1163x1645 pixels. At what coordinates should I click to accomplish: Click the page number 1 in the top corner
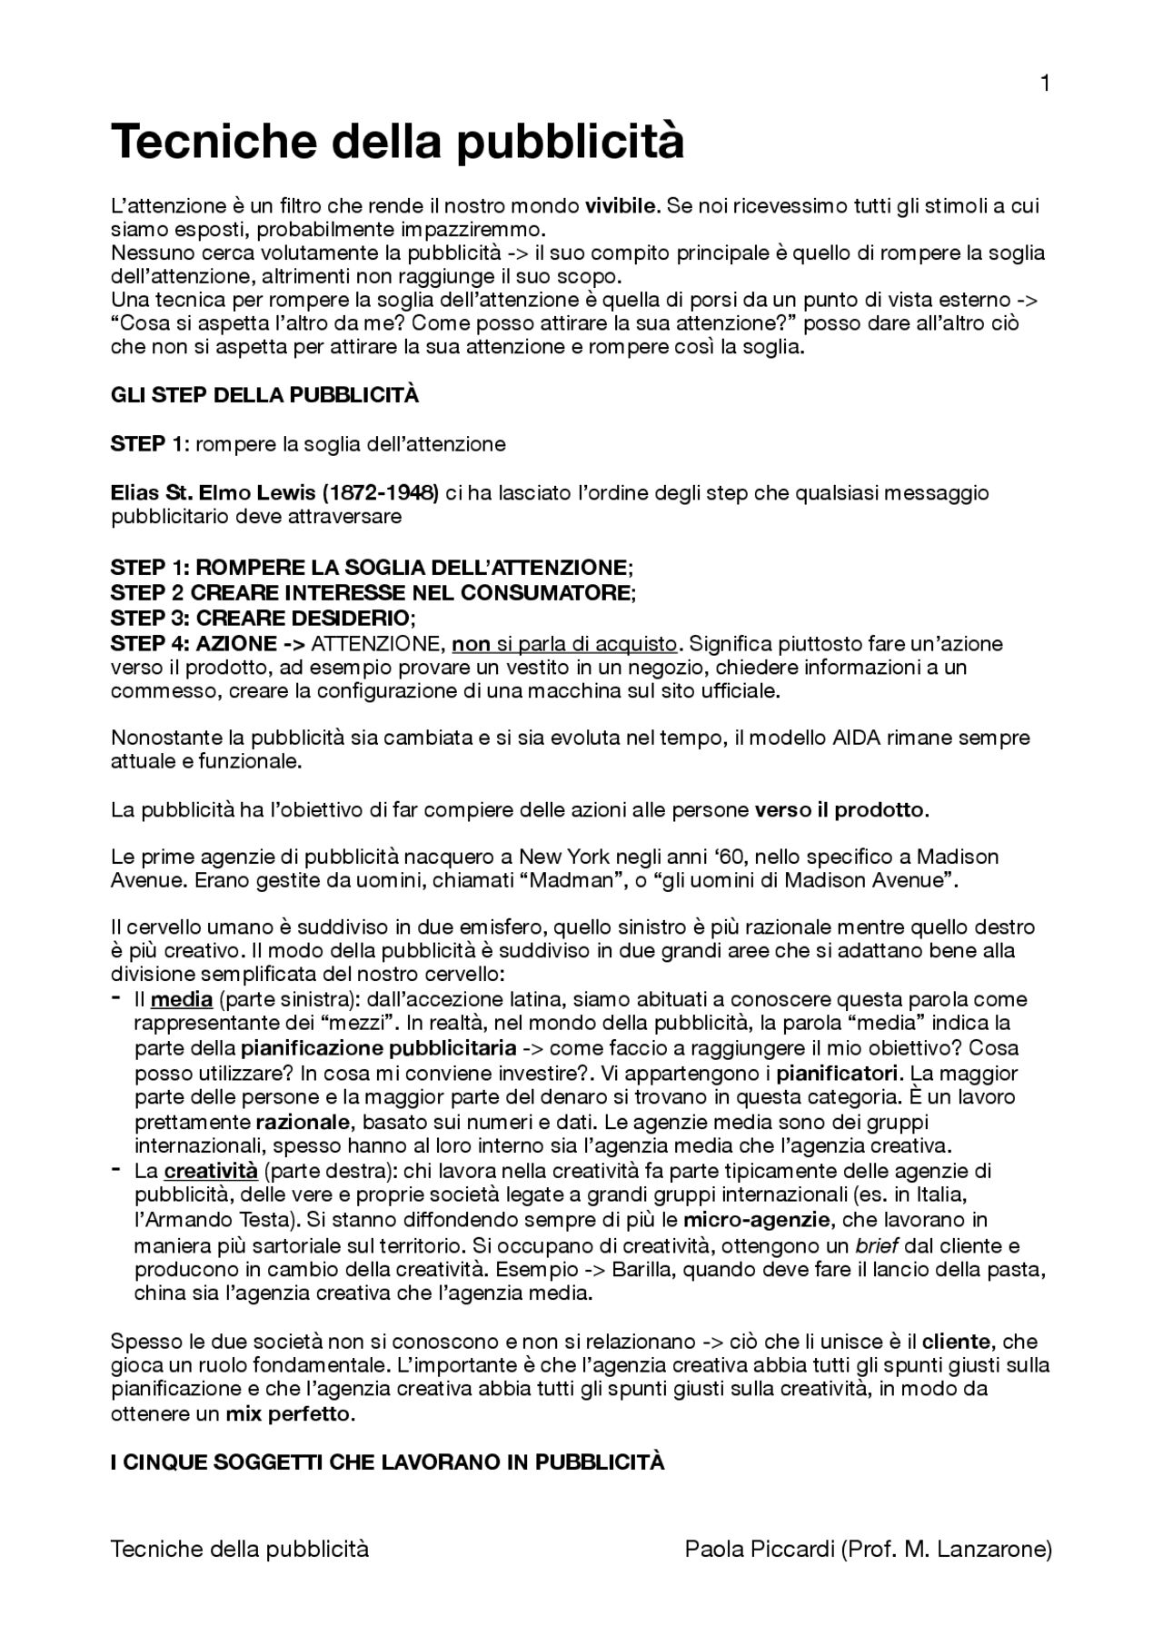click(x=1045, y=84)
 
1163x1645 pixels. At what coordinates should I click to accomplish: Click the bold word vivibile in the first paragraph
click(x=622, y=205)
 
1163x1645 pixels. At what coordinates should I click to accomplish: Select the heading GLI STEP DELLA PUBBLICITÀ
click(x=264, y=395)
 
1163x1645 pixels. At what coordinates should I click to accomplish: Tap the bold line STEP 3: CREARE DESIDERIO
click(x=262, y=619)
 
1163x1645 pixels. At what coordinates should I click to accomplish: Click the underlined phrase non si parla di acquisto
click(x=564, y=644)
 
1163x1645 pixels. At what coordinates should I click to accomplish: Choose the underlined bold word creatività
click(x=211, y=1171)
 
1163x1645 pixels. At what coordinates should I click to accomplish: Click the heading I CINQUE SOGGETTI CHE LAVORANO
click(x=387, y=1462)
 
